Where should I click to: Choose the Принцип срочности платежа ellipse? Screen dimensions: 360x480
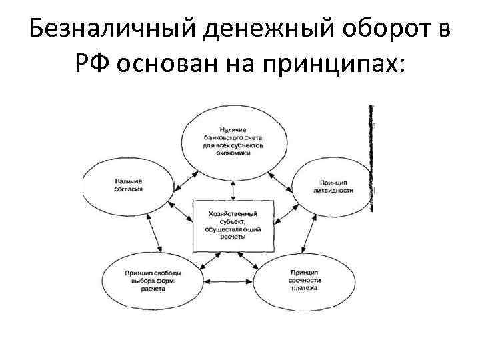tap(303, 281)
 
